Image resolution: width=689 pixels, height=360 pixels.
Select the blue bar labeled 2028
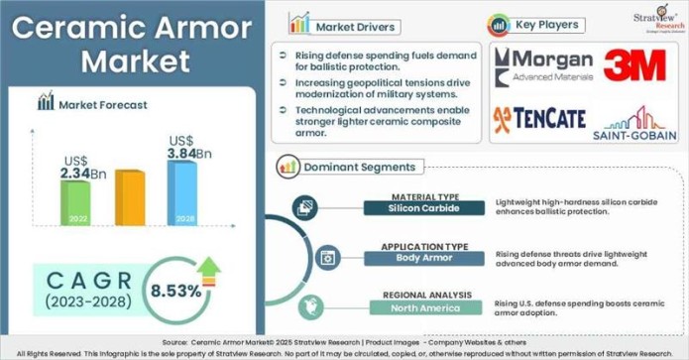[x=181, y=193]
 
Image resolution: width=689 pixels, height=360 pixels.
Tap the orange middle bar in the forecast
[x=129, y=198]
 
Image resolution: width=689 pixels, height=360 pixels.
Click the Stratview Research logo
[x=656, y=19]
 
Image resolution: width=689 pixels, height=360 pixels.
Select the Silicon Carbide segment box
[x=423, y=208]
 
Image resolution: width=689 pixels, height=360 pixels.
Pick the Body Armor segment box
[x=423, y=258]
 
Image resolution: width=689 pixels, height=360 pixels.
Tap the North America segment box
[x=423, y=307]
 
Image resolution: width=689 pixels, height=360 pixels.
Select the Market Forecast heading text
[x=103, y=103]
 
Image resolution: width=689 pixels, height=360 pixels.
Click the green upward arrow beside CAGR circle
[x=209, y=268]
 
